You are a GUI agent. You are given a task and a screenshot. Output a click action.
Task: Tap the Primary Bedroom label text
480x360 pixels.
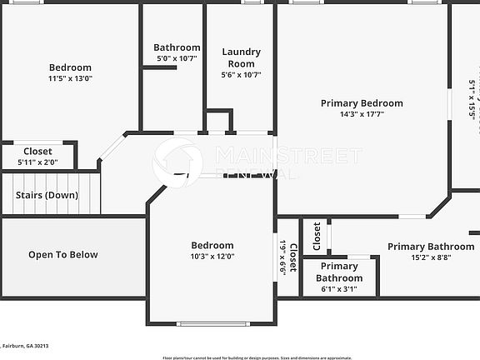pos(362,103)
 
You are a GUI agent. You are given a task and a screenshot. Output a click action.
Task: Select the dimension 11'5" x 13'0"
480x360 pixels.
pos(70,78)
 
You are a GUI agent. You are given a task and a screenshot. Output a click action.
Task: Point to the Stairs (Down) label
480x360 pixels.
pos(47,195)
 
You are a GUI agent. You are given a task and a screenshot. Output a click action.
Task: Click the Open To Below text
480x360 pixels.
pos(63,255)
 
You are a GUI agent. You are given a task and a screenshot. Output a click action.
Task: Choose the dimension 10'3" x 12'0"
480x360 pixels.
pos(212,256)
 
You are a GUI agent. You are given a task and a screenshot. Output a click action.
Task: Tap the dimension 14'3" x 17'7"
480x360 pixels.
pos(362,115)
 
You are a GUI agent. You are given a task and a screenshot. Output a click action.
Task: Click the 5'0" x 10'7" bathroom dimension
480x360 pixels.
pos(177,58)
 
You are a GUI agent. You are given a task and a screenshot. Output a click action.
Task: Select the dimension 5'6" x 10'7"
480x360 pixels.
pos(241,74)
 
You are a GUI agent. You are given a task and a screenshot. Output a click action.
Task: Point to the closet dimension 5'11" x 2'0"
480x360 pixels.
pos(37,162)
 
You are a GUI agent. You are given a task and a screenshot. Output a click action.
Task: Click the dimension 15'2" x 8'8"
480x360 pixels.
pos(430,257)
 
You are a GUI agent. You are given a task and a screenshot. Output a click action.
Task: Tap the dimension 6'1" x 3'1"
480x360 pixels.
pos(338,289)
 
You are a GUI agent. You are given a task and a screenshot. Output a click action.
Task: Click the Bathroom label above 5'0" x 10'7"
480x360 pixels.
pos(177,47)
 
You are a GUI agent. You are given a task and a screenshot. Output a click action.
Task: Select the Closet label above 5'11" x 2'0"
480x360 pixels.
pos(37,151)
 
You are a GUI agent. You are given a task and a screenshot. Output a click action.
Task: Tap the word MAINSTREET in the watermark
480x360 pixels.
pos(288,156)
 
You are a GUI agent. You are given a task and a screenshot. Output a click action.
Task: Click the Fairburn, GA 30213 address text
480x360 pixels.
pos(27,345)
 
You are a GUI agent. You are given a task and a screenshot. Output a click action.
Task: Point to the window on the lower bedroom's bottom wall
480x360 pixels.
pos(213,323)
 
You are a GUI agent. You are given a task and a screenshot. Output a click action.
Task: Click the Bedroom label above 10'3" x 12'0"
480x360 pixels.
pos(212,245)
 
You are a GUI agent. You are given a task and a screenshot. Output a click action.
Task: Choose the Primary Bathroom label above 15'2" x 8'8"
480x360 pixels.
pos(430,247)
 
